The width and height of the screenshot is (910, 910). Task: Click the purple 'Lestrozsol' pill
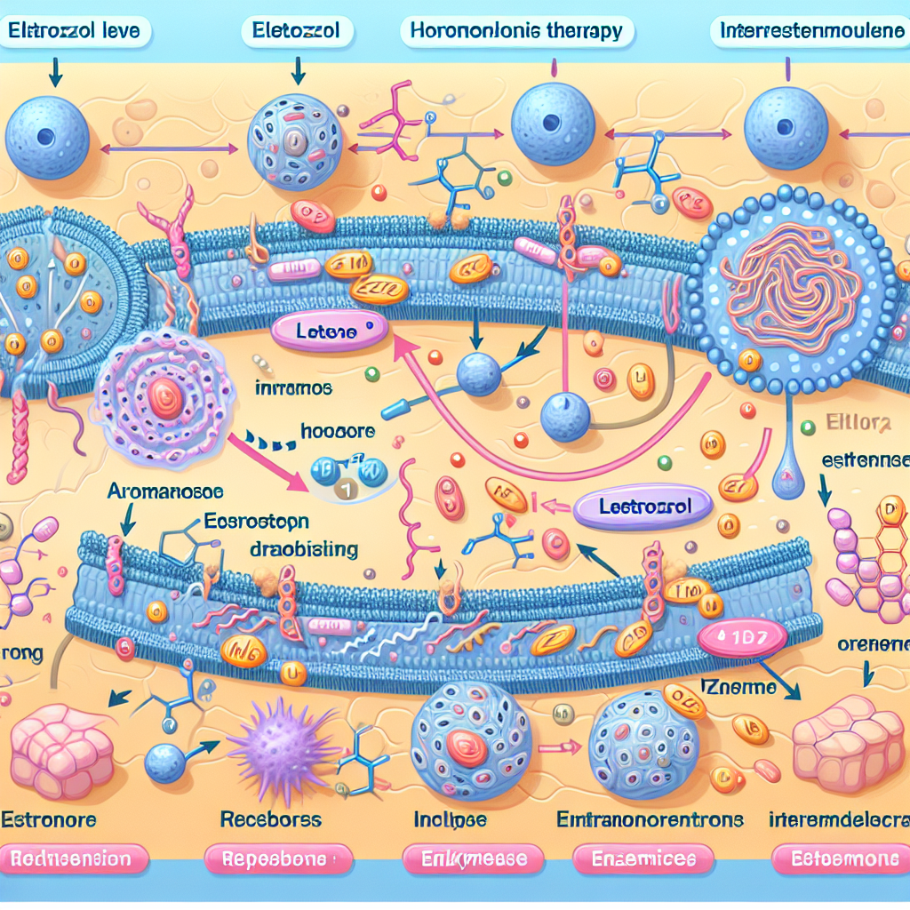tap(643, 508)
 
